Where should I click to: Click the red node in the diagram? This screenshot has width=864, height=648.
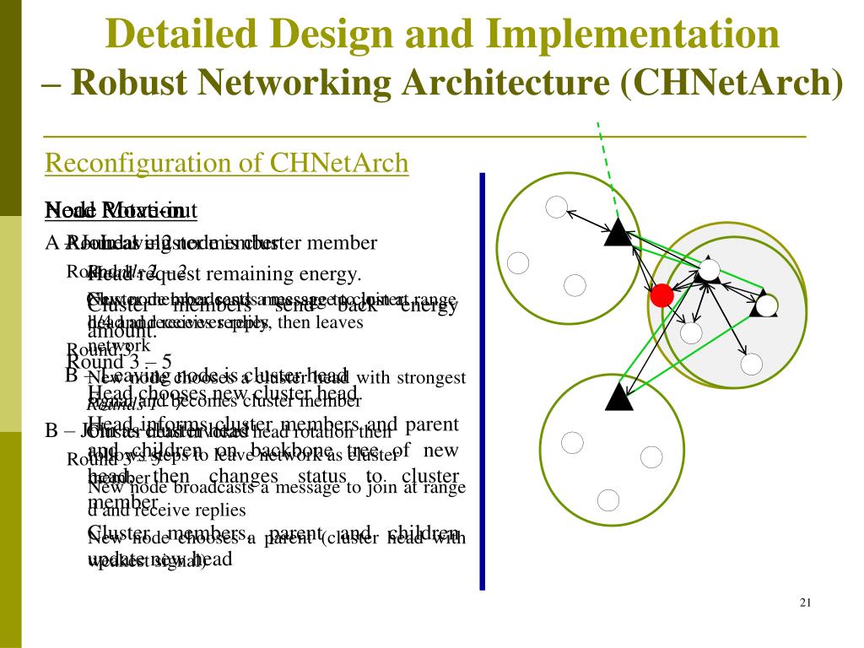(662, 295)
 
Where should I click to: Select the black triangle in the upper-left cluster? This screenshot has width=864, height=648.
(618, 232)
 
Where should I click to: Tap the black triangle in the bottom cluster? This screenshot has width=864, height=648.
(619, 396)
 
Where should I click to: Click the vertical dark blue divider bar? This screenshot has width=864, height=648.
(483, 380)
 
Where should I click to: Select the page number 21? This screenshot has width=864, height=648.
(804, 602)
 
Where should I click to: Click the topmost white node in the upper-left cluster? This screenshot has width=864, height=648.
(556, 206)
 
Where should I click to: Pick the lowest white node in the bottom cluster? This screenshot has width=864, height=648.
(608, 499)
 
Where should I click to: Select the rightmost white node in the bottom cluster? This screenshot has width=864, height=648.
(651, 457)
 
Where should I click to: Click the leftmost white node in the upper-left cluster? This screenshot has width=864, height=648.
(518, 262)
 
